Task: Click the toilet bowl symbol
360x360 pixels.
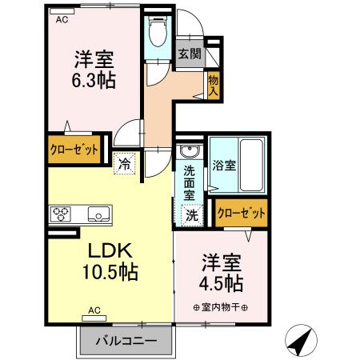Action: pyautogui.click(x=158, y=32)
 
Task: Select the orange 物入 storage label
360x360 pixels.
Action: pyautogui.click(x=213, y=82)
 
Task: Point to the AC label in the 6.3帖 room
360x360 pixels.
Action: pyautogui.click(x=62, y=22)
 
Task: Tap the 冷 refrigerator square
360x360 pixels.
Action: pyautogui.click(x=126, y=162)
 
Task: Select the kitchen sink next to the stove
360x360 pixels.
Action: pyautogui.click(x=98, y=214)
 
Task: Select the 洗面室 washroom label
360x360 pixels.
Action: pyautogui.click(x=190, y=182)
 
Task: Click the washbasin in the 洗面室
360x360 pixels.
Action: pyautogui.click(x=189, y=153)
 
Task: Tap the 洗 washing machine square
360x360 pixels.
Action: pyautogui.click(x=192, y=214)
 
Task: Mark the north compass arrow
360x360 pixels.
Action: pyautogui.click(x=300, y=342)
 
